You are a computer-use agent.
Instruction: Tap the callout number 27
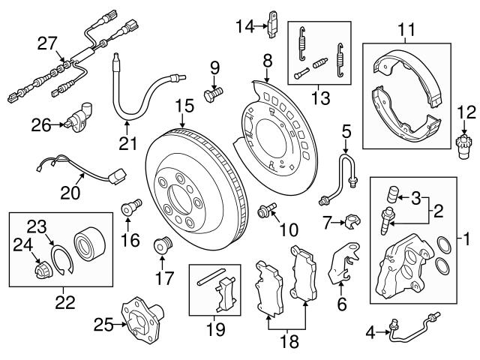(47, 43)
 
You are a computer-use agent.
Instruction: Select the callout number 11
(406, 31)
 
